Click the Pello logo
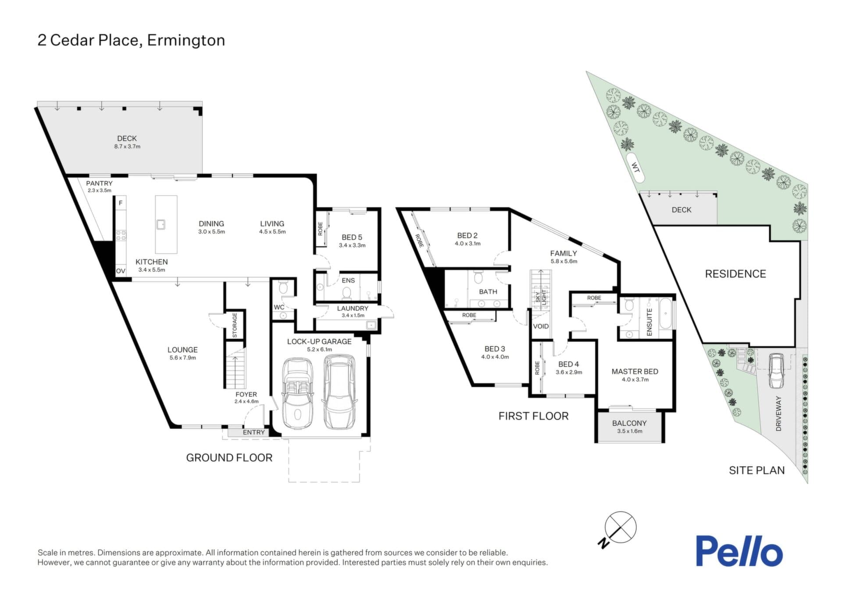point(739,551)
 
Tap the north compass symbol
point(617,529)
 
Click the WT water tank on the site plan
point(635,167)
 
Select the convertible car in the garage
point(298,393)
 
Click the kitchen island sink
point(161,224)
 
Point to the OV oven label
point(121,271)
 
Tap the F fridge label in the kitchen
point(121,203)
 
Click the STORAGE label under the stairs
point(235,325)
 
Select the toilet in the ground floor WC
point(283,288)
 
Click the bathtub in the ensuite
point(665,314)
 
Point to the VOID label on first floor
point(541,326)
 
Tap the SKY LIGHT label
point(541,297)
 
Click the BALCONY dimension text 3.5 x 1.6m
point(629,431)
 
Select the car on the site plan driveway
point(776,371)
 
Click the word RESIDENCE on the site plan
point(735,274)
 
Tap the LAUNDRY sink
point(371,325)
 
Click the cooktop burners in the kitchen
point(121,235)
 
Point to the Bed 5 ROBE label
point(320,229)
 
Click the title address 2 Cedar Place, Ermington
point(131,40)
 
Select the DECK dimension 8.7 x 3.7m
point(127,146)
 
